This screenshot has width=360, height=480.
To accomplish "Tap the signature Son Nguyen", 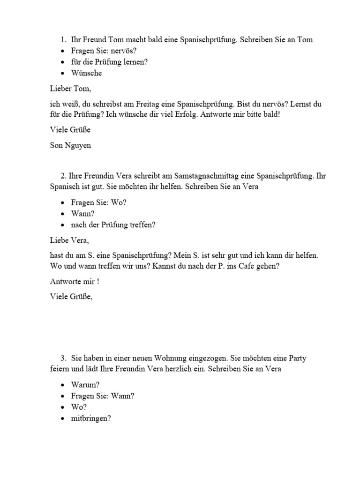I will click(70, 145).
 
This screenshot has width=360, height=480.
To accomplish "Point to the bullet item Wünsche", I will click(86, 73).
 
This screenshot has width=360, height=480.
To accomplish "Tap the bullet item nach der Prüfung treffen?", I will click(113, 225).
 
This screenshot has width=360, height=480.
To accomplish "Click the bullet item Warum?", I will click(85, 385).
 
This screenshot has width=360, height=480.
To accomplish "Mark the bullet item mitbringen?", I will click(91, 419).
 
